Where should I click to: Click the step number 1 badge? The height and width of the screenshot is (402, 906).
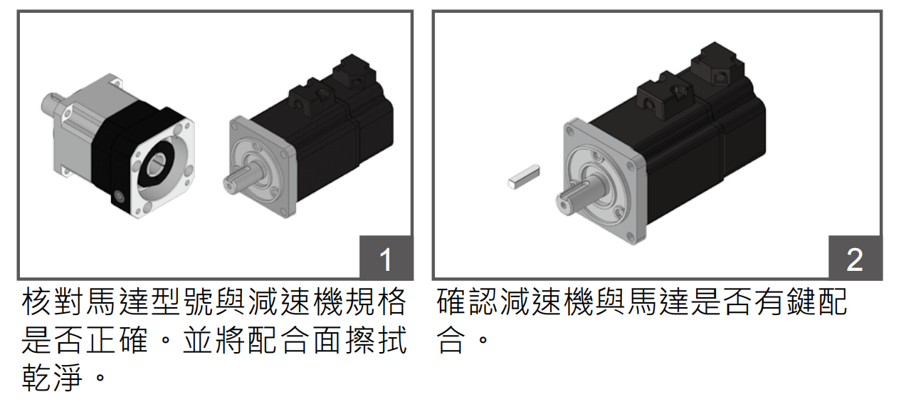click(x=386, y=258)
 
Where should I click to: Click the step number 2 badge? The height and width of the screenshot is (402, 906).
click(x=855, y=258)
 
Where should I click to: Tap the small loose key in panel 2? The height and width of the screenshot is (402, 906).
click(x=525, y=176)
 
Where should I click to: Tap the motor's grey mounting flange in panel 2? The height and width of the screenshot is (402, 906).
click(x=601, y=182)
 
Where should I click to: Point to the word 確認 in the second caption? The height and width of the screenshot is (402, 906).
click(x=470, y=303)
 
